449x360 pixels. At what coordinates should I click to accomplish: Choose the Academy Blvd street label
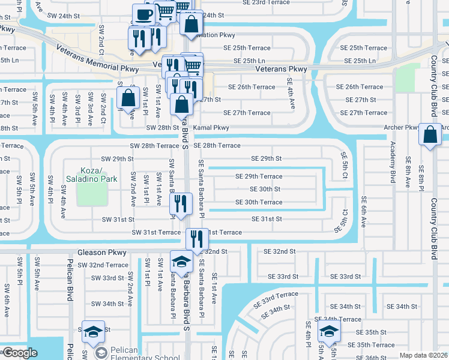393,162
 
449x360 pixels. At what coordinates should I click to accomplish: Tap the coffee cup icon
143,14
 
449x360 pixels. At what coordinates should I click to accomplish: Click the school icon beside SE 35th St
328,331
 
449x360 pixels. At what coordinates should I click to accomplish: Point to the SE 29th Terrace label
259,176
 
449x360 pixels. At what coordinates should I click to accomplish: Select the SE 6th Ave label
363,212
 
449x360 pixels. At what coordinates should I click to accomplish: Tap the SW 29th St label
113,159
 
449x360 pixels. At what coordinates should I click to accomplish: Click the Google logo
20,353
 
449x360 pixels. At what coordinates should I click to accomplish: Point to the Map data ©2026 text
423,355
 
